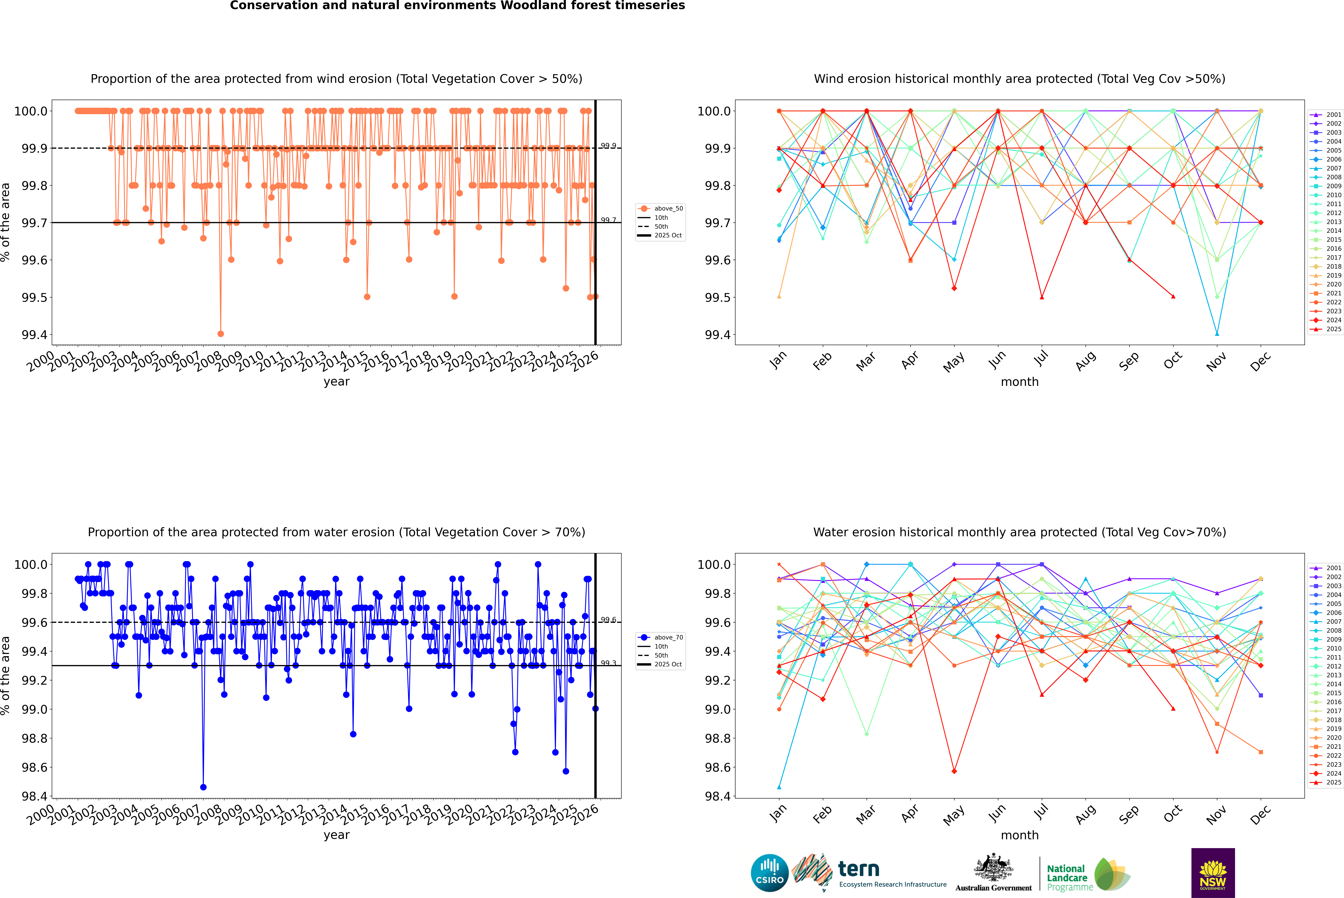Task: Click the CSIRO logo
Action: [x=769, y=873]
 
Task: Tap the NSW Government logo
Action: [x=1213, y=873]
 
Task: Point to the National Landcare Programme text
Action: [x=1067, y=877]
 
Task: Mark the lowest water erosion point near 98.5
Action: [x=203, y=787]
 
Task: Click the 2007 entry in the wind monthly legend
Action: [x=1334, y=168]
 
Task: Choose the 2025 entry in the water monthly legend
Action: [x=1334, y=782]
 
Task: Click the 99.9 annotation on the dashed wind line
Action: [x=608, y=146]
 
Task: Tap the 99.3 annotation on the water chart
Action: [x=608, y=663]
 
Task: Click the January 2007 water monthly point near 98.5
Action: [x=779, y=787]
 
